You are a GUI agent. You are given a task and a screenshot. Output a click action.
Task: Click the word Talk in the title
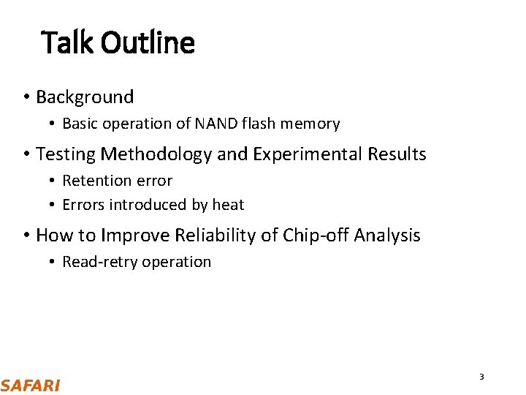tap(68, 42)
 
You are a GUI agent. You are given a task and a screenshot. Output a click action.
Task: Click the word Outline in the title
tap(148, 42)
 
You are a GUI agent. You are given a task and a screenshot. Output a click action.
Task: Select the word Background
tap(85, 97)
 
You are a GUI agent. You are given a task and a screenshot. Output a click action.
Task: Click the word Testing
tap(66, 154)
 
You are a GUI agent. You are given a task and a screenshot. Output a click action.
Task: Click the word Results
tap(394, 154)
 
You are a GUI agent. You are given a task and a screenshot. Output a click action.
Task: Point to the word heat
tap(228, 205)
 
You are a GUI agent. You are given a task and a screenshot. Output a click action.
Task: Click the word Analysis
tap(387, 236)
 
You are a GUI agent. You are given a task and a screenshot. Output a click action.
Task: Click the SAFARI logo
tap(30, 385)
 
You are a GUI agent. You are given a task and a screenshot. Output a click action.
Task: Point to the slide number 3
tap(481, 377)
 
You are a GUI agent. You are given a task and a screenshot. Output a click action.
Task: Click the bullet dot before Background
tap(26, 97)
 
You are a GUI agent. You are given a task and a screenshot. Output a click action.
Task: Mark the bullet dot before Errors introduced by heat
tap(53, 206)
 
